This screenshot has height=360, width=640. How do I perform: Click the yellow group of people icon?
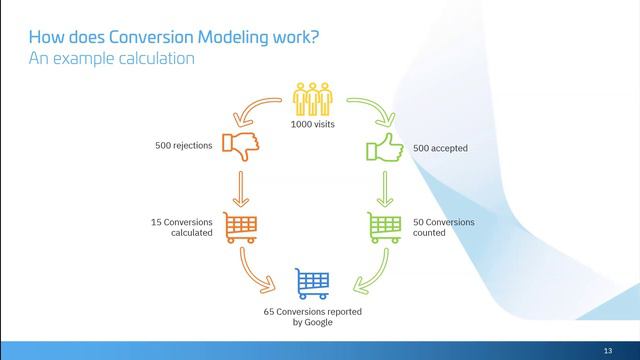[312, 99]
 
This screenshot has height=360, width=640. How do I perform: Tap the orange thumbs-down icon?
[241, 146]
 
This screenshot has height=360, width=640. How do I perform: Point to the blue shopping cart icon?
[311, 285]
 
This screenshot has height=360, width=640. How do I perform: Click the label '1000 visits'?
[312, 126]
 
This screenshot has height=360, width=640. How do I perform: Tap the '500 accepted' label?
[441, 148]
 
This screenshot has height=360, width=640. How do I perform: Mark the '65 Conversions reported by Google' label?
[312, 318]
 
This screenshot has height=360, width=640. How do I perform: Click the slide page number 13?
[608, 350]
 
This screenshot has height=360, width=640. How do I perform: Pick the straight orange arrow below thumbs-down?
[241, 186]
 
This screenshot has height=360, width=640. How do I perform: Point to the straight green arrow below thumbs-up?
[383, 186]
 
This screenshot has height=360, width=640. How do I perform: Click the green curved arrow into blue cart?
[369, 270]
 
